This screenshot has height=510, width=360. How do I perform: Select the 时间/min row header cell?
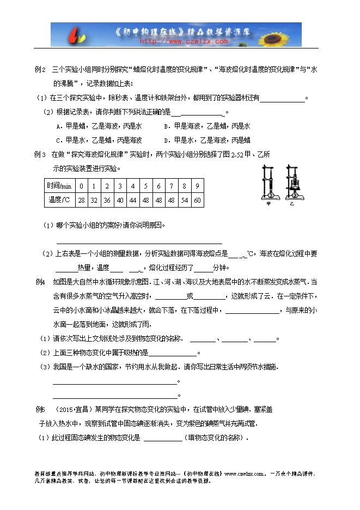coord(59,186)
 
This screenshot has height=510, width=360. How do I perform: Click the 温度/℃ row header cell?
coord(59,201)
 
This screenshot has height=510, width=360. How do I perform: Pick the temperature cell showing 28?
coord(81,201)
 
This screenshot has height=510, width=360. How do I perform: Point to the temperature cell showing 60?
coord(197,201)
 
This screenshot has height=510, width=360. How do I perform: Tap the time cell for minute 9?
coord(197,186)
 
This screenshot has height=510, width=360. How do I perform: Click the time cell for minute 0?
coord(81,186)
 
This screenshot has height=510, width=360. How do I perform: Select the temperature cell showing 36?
coord(107,201)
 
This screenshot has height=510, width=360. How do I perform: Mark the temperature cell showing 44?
coord(133,201)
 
